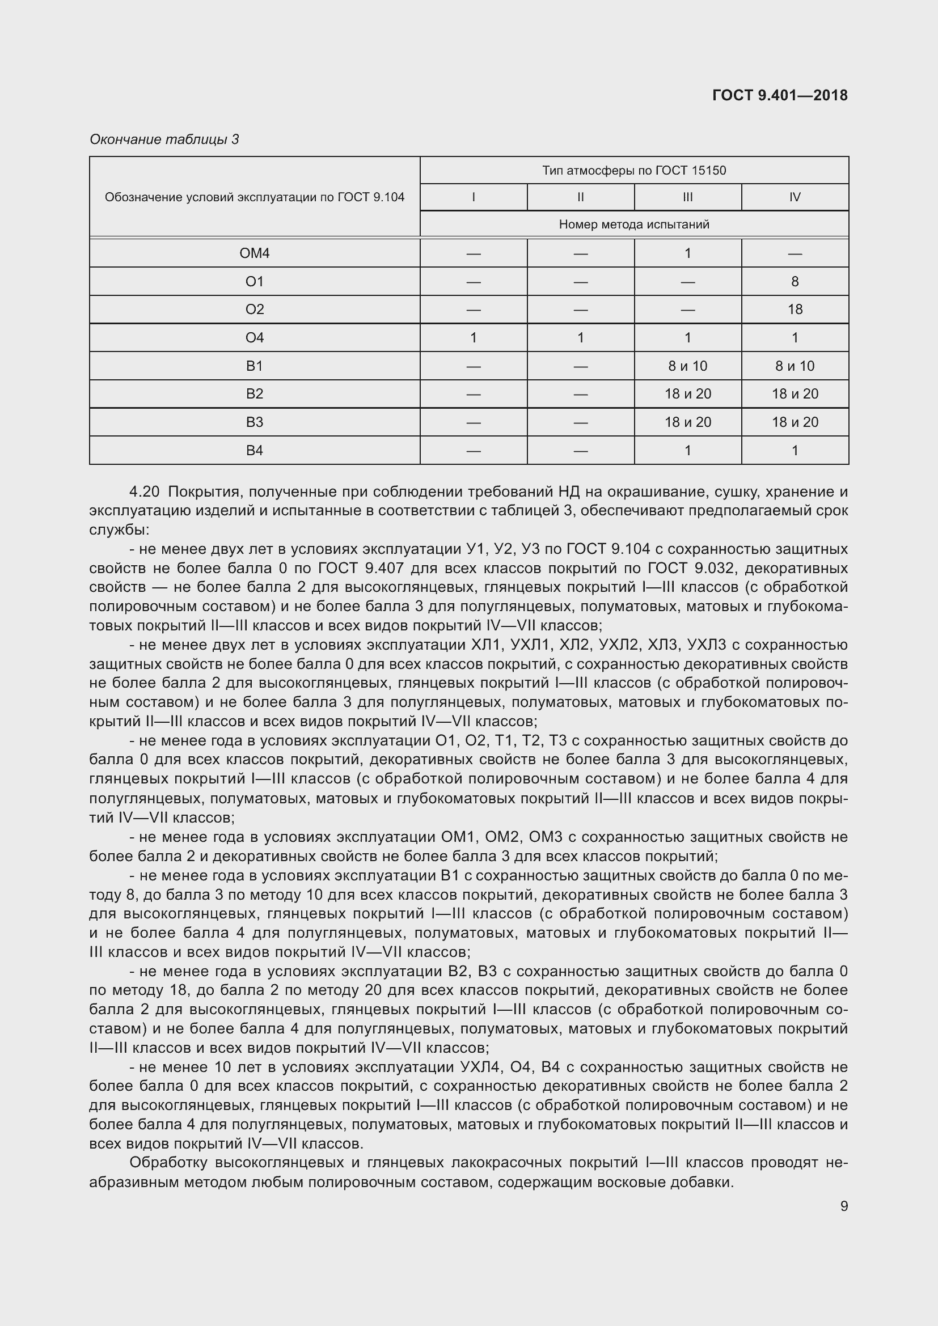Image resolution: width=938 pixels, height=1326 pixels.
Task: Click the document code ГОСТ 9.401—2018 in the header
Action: pyautogui.click(x=780, y=95)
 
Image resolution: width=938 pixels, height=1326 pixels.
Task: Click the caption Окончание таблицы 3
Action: pyautogui.click(x=164, y=139)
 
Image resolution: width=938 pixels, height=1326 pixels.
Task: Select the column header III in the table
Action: pyautogui.click(x=687, y=197)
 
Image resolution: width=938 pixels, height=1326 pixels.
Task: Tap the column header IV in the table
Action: pyautogui.click(x=795, y=197)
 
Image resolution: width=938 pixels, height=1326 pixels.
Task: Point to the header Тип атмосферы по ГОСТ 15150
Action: pyautogui.click(x=633, y=171)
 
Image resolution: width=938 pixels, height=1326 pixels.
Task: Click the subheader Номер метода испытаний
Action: pyautogui.click(x=633, y=224)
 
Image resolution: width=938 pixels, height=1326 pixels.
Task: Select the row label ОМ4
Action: pyautogui.click(x=254, y=253)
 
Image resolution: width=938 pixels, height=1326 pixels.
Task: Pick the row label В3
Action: pyautogui.click(x=254, y=422)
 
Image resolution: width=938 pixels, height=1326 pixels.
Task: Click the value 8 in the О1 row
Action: pyautogui.click(x=795, y=281)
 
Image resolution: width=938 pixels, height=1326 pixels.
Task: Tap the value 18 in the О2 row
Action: pyautogui.click(x=795, y=310)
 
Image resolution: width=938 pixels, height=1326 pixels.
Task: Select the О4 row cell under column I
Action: pyautogui.click(x=473, y=338)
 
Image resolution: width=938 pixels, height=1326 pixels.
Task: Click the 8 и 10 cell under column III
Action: pyautogui.click(x=687, y=366)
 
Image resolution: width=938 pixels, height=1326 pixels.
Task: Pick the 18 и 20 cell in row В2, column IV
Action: pyautogui.click(x=795, y=394)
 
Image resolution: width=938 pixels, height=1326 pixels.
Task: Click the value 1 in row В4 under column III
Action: pyautogui.click(x=687, y=451)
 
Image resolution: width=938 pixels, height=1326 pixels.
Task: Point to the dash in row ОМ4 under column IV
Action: pyautogui.click(x=795, y=253)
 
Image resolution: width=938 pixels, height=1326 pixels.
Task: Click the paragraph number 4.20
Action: pyautogui.click(x=144, y=492)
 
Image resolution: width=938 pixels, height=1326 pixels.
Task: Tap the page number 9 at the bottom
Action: pyautogui.click(x=844, y=1206)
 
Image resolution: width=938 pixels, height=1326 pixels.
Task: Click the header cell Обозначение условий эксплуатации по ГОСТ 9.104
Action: pyautogui.click(x=254, y=197)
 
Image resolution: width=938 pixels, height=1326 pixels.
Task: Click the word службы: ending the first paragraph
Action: pyautogui.click(x=119, y=529)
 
